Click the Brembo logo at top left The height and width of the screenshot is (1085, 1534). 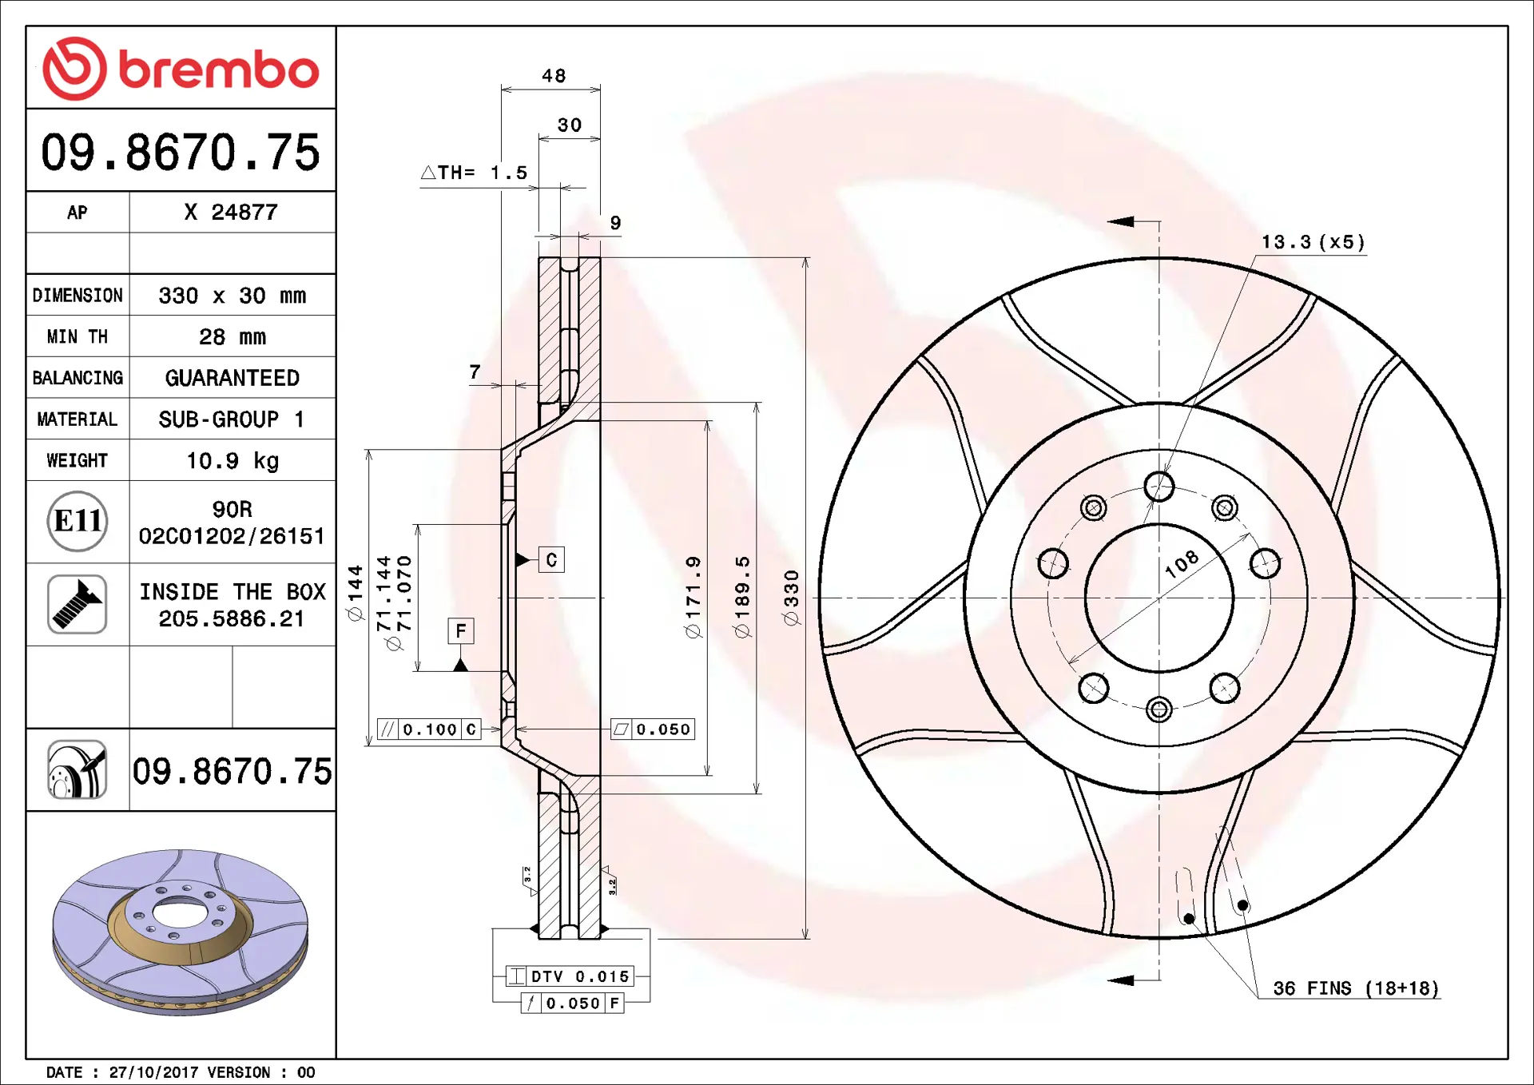[181, 69]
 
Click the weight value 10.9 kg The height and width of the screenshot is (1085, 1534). [232, 461]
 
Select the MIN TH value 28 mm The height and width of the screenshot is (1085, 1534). [232, 337]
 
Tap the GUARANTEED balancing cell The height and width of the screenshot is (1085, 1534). [232, 378]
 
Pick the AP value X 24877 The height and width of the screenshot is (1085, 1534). [231, 213]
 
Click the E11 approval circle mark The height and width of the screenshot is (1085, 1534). [77, 521]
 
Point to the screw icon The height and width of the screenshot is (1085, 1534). [77, 604]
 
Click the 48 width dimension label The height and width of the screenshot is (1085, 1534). [554, 76]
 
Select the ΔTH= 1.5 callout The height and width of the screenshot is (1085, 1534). [474, 173]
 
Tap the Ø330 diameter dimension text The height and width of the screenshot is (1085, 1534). [791, 598]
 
